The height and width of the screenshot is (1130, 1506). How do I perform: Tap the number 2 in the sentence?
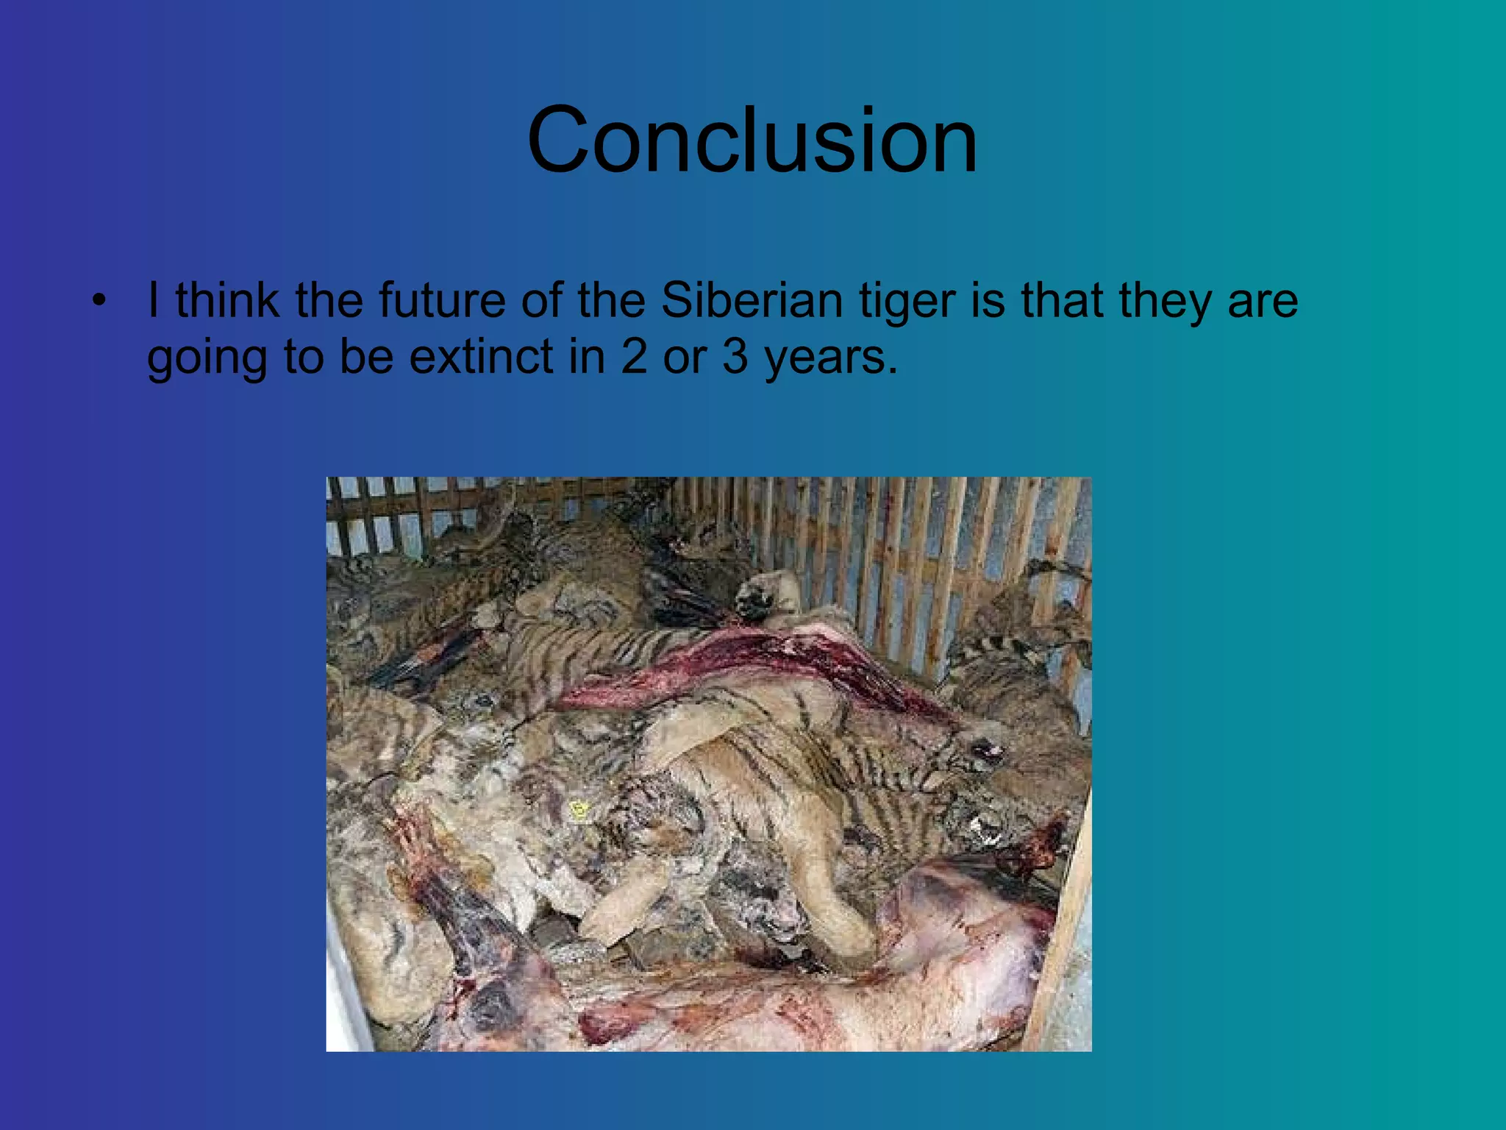pos(634,357)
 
